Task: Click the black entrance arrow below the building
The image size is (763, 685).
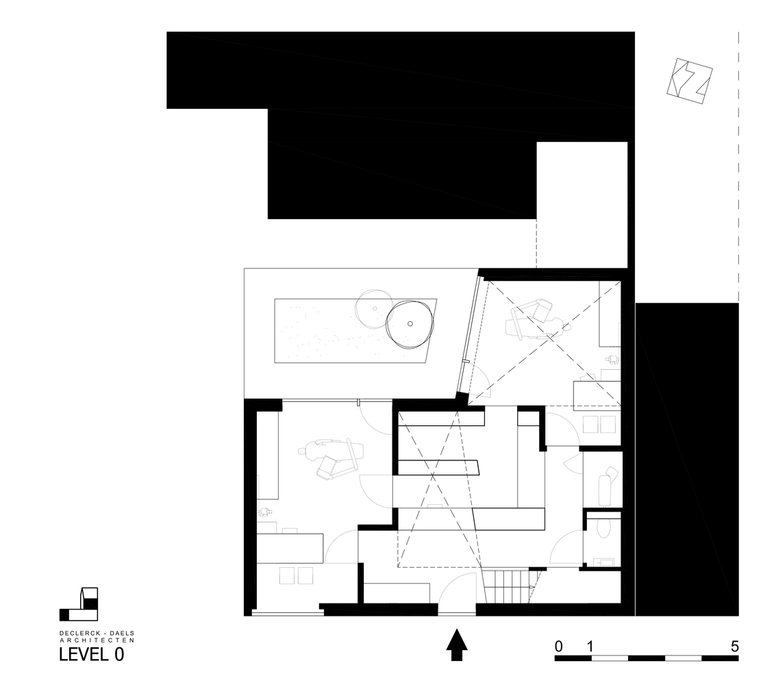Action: [456, 645]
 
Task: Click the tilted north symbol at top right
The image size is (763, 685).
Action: [689, 82]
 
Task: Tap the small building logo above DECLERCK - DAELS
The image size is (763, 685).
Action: [79, 604]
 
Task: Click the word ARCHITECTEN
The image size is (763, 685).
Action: [97, 640]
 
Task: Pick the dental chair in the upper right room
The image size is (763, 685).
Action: [538, 321]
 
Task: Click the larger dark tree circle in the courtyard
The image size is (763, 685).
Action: [409, 324]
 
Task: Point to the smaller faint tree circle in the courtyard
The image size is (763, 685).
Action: [374, 308]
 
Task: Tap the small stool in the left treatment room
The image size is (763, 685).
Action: [266, 512]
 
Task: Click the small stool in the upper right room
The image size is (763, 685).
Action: [612, 359]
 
